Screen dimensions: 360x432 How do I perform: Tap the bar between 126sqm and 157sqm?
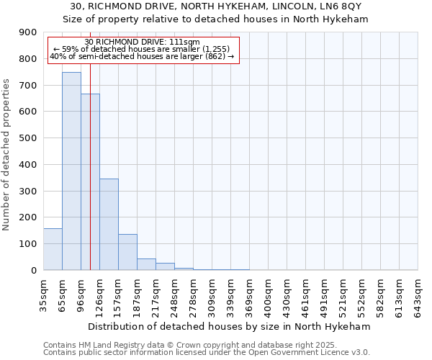click(x=109, y=224)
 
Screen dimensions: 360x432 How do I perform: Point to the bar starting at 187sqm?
click(x=146, y=264)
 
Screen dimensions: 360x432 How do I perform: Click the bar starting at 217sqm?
click(x=165, y=266)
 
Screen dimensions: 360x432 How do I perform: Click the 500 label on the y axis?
click(x=28, y=138)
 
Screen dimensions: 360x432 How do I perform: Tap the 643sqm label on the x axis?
click(x=418, y=293)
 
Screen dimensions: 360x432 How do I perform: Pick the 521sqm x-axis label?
click(x=343, y=293)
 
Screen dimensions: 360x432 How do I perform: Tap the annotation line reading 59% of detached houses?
click(x=141, y=49)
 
